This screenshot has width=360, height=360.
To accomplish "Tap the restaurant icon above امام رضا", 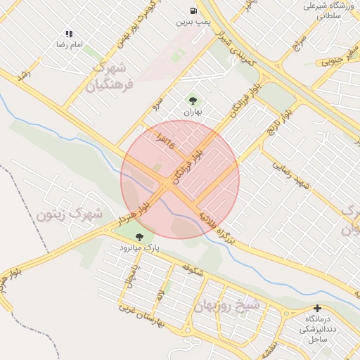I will click(69, 33).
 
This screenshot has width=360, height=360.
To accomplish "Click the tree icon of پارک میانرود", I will click(139, 237).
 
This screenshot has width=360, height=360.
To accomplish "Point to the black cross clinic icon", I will click(318, 308).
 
